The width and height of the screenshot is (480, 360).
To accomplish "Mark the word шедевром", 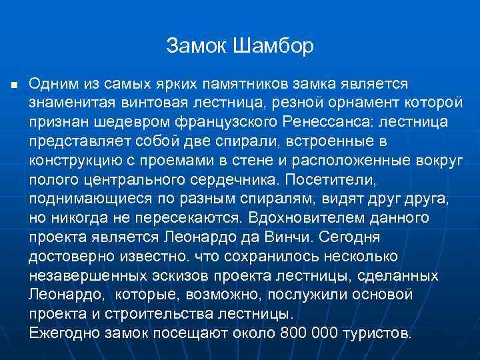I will click(119, 123).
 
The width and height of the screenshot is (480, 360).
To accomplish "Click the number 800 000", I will click(298, 333).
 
